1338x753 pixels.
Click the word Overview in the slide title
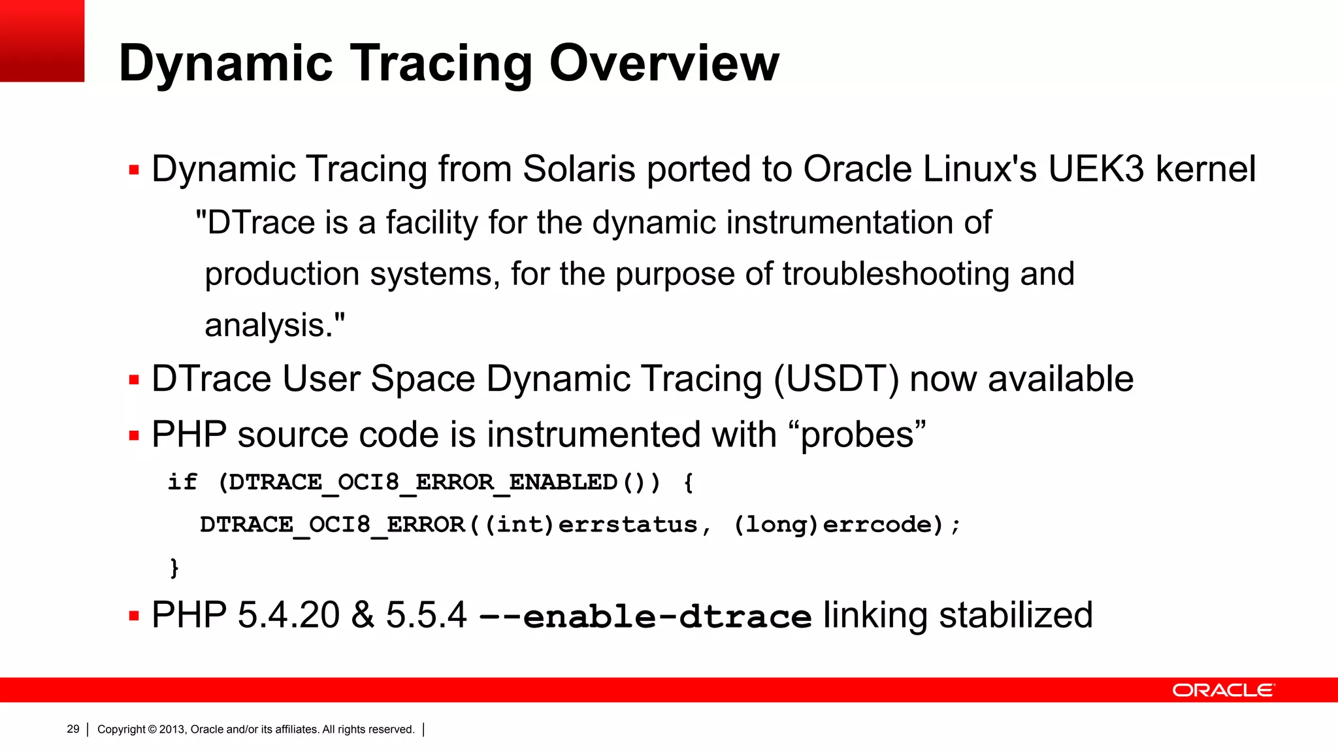(664, 63)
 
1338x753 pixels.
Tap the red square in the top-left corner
(42, 41)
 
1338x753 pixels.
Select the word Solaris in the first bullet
(579, 169)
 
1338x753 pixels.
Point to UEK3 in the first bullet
(1096, 169)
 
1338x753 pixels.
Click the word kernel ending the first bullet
(1205, 169)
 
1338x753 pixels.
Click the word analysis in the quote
(265, 326)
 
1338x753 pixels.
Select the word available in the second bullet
(1060, 379)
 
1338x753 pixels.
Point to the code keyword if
(182, 482)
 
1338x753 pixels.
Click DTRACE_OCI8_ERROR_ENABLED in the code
(423, 483)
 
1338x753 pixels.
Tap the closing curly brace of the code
(174, 567)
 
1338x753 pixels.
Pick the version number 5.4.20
(288, 616)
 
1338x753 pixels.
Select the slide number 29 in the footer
(73, 729)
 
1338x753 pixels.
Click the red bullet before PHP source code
(135, 436)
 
